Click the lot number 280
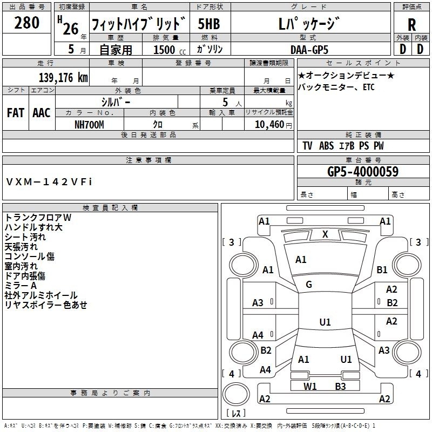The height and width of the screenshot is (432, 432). coord(27,23)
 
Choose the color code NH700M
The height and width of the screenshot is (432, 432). coord(89,124)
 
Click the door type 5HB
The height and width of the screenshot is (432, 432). coord(209,24)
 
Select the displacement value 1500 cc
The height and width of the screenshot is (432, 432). coord(164,50)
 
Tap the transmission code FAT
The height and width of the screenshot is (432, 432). coord(15,112)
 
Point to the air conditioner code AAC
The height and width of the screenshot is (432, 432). coord(41,112)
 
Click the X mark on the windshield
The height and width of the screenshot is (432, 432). coord(325,234)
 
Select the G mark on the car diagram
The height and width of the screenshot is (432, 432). coord(309,284)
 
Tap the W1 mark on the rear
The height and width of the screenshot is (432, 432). coord(310,386)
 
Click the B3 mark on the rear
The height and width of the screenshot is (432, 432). coord(340,386)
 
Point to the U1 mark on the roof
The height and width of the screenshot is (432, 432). coord(325,322)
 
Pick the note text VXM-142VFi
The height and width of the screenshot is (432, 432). coord(50,181)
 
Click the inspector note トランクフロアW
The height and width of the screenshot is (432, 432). coord(38,217)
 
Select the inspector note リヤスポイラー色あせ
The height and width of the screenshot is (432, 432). coord(46,305)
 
